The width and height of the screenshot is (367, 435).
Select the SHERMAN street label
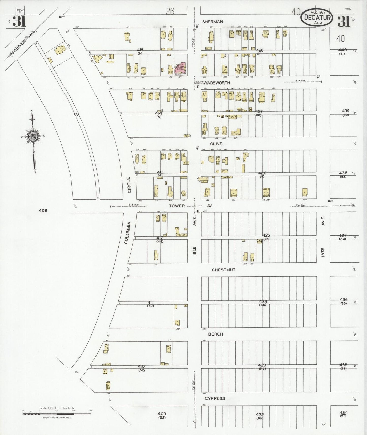pyautogui.click(x=213, y=22)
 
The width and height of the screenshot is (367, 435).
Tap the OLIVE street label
pyautogui.click(x=216, y=144)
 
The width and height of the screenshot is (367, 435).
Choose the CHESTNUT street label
pyautogui.click(x=224, y=270)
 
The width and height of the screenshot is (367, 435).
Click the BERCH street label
pyautogui.click(x=215, y=334)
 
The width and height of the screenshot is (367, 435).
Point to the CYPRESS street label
pyautogui.click(x=215, y=398)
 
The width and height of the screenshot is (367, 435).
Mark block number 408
pyautogui.click(x=43, y=210)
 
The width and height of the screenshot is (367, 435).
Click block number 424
pyautogui.click(x=263, y=302)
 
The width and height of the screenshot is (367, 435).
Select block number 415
pyautogui.click(x=140, y=50)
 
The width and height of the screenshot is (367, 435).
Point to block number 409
pyautogui.click(x=162, y=414)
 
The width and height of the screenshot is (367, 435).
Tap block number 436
pyautogui.click(x=344, y=300)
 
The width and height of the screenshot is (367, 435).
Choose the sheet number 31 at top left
pyautogui.click(x=19, y=22)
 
